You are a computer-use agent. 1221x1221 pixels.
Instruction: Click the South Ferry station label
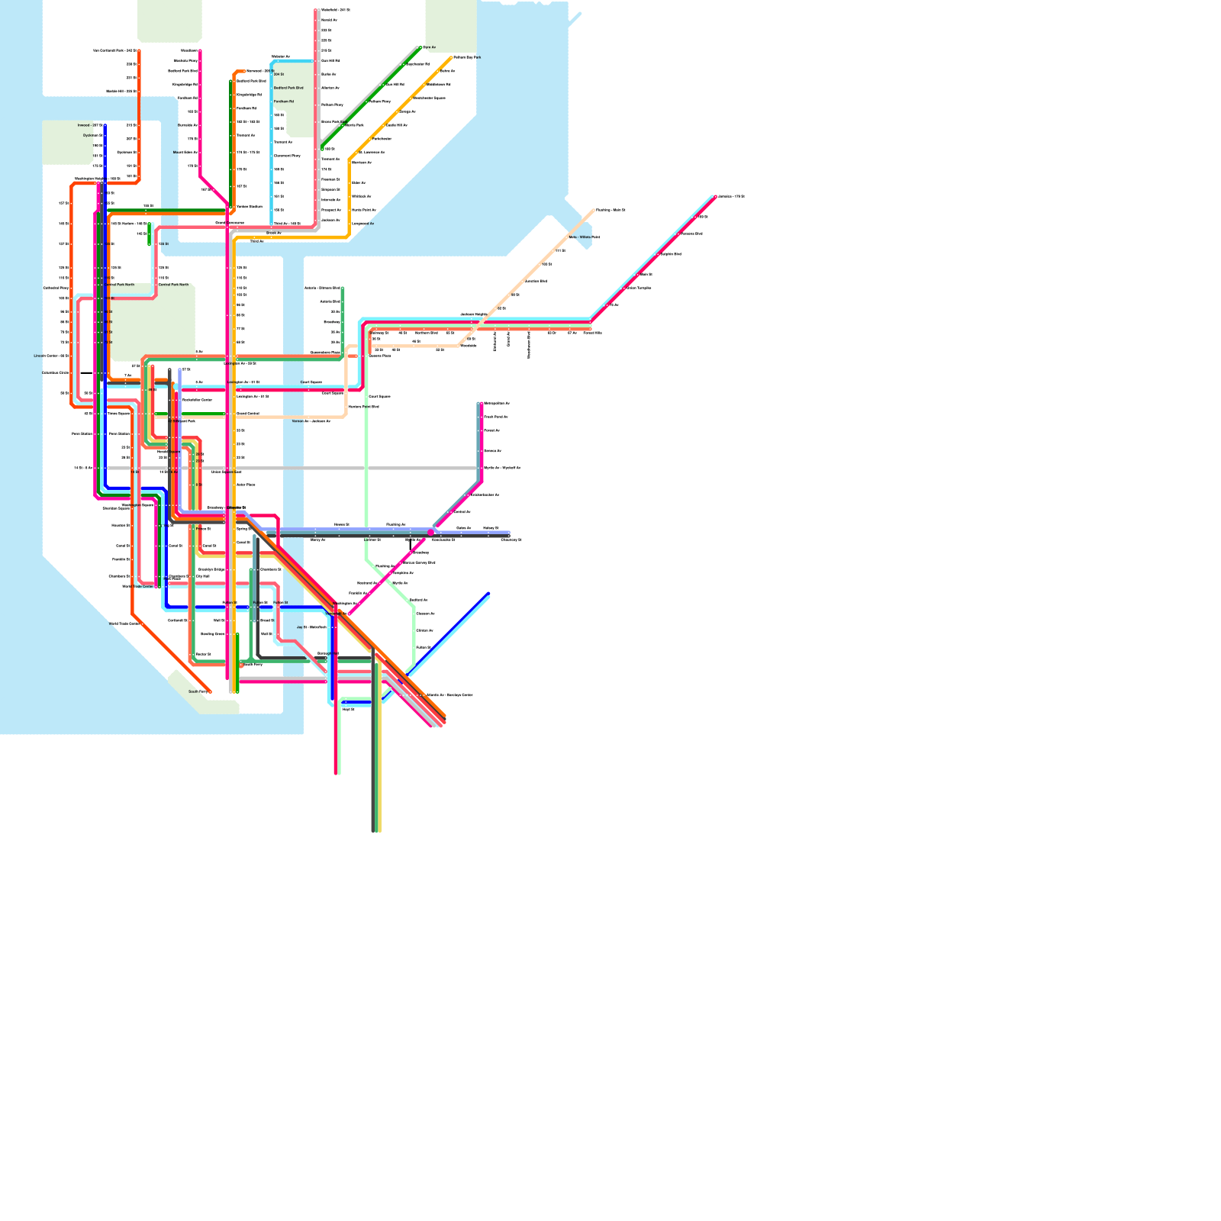point(198,691)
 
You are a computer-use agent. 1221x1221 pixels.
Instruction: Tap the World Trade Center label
point(137,586)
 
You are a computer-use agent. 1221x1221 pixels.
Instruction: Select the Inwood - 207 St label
point(89,125)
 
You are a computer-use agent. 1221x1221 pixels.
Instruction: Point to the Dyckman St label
point(92,135)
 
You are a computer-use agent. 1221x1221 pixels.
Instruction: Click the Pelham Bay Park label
point(467,57)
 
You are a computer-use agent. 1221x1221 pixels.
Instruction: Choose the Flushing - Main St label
point(610,210)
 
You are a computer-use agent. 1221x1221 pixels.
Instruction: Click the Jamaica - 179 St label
point(732,196)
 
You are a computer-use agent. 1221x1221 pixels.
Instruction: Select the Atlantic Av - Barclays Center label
point(449,695)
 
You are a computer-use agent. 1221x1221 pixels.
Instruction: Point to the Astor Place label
point(246,485)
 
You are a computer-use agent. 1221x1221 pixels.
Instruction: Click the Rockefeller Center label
point(197,400)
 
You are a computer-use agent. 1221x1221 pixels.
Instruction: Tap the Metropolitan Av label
point(497,403)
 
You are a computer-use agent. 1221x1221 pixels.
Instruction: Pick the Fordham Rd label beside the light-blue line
point(284,101)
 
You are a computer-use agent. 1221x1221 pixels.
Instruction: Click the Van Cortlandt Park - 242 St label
point(114,50)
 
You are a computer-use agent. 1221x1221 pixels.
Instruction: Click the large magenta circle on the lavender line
point(431,533)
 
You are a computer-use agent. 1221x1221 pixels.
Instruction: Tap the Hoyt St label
point(348,709)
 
